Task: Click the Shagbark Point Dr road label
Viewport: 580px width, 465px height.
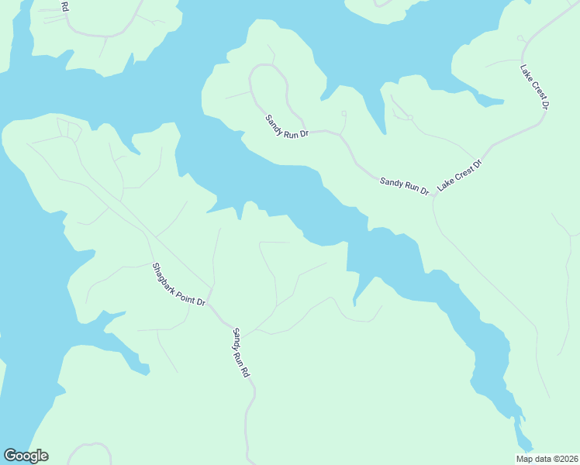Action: pos(178,284)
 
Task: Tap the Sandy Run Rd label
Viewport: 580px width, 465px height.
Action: pos(241,352)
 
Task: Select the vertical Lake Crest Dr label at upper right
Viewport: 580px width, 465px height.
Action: pos(535,86)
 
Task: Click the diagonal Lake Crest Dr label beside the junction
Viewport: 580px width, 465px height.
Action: pos(460,175)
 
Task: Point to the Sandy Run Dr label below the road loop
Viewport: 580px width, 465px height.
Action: pos(287,126)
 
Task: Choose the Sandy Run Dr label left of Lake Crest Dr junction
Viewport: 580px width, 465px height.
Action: pos(404,185)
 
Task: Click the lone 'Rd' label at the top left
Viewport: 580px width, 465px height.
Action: pos(64,7)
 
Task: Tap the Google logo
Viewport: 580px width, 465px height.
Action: pos(26,456)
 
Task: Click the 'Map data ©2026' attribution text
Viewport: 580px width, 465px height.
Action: pos(547,459)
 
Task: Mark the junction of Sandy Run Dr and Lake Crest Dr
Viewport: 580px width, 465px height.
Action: pos(433,195)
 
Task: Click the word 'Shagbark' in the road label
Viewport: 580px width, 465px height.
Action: pos(164,275)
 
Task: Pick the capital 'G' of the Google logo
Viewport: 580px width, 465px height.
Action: pos(10,455)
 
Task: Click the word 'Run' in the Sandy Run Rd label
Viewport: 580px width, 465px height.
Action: pos(242,356)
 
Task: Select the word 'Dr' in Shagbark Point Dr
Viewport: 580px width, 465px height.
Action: pos(200,301)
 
